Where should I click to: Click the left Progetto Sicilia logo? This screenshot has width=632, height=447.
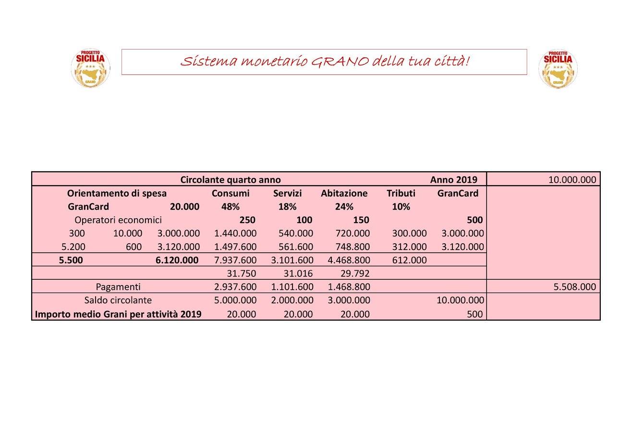point(90,69)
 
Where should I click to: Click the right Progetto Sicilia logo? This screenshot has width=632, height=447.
point(558,69)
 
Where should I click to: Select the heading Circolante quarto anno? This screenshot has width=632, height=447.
point(231,180)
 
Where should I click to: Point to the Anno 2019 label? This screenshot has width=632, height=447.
point(453,180)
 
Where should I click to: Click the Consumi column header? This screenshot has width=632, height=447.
point(231,193)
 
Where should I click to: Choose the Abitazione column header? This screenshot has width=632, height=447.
point(344,193)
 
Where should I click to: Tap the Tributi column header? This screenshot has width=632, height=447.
point(401,193)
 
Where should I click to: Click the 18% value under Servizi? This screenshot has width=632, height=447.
point(287,207)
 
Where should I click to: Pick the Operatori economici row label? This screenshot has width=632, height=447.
point(118,220)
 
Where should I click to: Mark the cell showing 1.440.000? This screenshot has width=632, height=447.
point(235,234)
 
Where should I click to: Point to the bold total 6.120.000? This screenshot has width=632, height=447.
point(177,261)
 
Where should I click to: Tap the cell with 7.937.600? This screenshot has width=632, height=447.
point(235,261)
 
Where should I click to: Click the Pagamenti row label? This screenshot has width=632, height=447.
point(118,287)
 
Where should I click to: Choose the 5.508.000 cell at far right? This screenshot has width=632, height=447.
point(575,287)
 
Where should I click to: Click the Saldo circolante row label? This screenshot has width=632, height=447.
point(118,300)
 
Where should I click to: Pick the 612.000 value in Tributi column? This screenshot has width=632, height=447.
point(409,261)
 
